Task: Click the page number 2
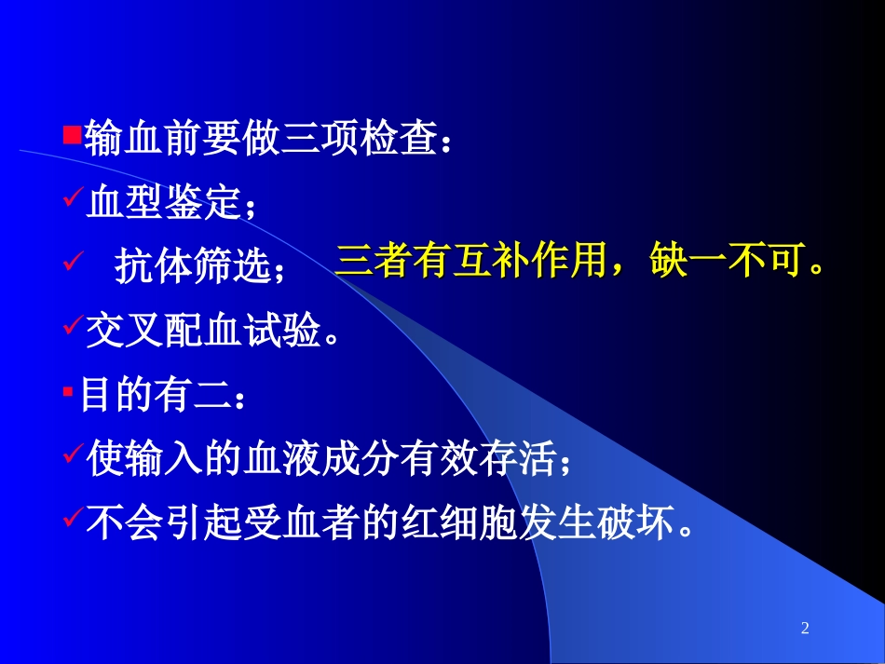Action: (805, 630)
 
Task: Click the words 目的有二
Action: (154, 395)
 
